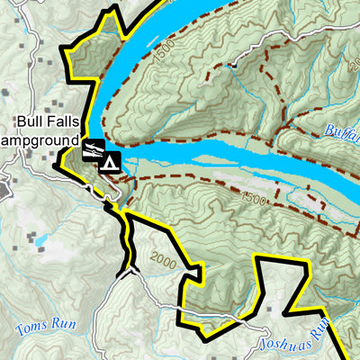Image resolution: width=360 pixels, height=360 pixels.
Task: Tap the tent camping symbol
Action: [110, 163]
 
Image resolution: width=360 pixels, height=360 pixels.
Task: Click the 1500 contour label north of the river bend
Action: [164, 56]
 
